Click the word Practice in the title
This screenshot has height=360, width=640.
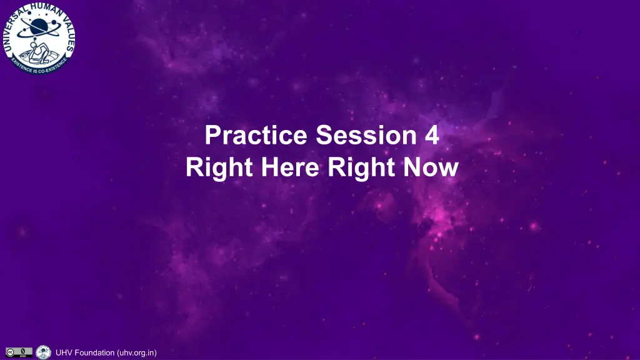(x=256, y=135)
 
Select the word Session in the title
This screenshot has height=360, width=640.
(x=366, y=135)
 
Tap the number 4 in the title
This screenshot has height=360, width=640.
(x=432, y=135)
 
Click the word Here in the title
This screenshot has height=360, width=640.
(x=290, y=167)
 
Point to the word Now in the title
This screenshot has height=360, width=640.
(x=431, y=167)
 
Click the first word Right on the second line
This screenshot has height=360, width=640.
(x=219, y=168)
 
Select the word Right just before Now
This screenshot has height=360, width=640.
(x=361, y=168)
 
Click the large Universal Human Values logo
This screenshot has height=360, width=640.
(x=39, y=38)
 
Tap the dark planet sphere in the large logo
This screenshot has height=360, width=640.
(x=39, y=26)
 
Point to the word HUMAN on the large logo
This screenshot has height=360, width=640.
(x=45, y=9)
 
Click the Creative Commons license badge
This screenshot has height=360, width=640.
(x=19, y=352)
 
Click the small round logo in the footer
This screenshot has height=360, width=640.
(x=43, y=352)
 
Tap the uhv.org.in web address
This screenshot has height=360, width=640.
(x=137, y=352)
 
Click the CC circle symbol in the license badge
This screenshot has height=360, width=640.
(x=10, y=352)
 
